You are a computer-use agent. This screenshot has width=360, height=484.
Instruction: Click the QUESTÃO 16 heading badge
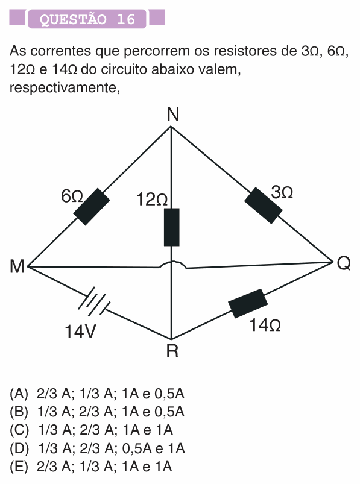point(87,19)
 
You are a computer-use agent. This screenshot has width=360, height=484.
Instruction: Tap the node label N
point(172,115)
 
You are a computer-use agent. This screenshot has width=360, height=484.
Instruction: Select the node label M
point(17,266)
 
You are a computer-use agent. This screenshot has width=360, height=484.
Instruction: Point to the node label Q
point(343,263)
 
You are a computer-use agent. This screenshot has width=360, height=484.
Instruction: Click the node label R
point(172,351)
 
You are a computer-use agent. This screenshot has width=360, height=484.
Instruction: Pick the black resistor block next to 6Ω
point(92,207)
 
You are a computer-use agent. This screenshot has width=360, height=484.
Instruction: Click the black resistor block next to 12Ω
point(172,227)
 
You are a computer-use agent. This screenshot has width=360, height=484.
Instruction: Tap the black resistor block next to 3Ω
point(264,206)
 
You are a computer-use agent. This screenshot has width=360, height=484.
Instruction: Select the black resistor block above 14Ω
point(248,303)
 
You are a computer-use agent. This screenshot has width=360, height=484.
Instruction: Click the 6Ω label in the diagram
point(72,196)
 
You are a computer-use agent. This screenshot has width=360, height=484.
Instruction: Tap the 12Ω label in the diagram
point(152,200)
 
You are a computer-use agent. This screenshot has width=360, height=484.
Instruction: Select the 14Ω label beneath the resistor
point(265,325)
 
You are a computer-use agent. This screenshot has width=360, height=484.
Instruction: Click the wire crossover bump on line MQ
point(172,264)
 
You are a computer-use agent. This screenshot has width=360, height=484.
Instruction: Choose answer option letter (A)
point(19,394)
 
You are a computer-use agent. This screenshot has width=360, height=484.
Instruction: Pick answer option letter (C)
point(19,430)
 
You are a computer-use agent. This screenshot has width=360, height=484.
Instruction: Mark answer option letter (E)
point(19,467)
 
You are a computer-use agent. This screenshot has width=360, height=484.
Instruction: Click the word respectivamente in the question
point(65,88)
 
